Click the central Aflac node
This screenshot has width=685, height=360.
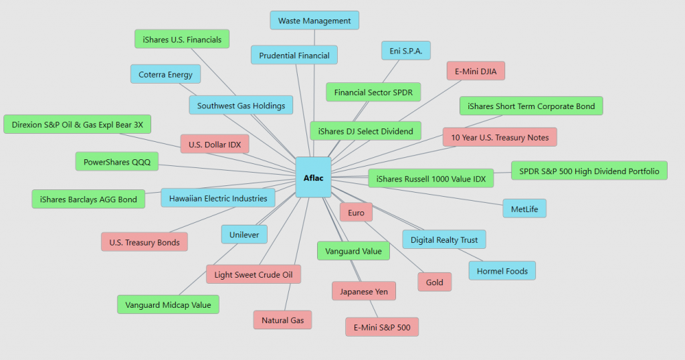point(313,177)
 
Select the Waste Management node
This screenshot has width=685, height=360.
point(314,21)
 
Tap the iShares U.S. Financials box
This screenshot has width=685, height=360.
point(182,39)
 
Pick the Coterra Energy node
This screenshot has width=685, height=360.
point(165,74)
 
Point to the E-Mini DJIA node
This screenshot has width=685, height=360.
point(476,71)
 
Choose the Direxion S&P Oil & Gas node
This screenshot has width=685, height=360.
point(78,124)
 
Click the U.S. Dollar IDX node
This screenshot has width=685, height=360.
point(215,144)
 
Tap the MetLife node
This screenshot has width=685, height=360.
point(524,209)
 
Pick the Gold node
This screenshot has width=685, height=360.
point(435,282)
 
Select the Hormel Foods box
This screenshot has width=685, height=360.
point(502,271)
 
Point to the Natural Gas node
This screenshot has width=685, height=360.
point(282,321)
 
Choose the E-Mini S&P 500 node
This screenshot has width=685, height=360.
point(382,327)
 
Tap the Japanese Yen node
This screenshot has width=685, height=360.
point(364,292)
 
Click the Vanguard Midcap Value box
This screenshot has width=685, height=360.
point(168,305)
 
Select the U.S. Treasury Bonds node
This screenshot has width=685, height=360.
point(144,242)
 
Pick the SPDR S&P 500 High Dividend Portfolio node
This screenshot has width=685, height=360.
point(589,171)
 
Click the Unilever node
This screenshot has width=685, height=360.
point(245,234)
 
